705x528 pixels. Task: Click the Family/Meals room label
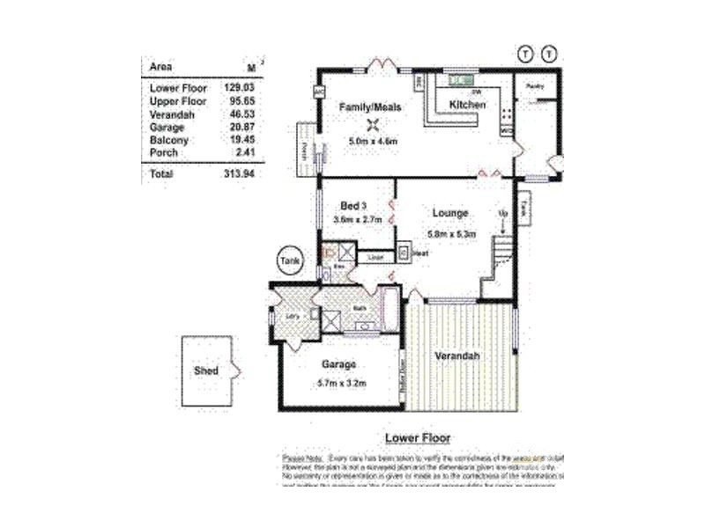[371, 107]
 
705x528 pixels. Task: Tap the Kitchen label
[468, 105]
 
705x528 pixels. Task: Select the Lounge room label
[449, 213]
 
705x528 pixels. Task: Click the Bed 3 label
[354, 206]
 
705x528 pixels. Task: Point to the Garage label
[338, 365]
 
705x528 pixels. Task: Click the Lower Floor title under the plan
[418, 437]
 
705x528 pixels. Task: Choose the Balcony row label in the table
[168, 140]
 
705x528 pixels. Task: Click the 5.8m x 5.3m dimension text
[451, 234]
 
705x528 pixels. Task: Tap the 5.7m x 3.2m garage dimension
[340, 383]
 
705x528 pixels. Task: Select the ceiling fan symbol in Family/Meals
[374, 124]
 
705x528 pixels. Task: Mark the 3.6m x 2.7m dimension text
[357, 220]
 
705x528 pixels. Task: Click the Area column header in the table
[161, 67]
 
